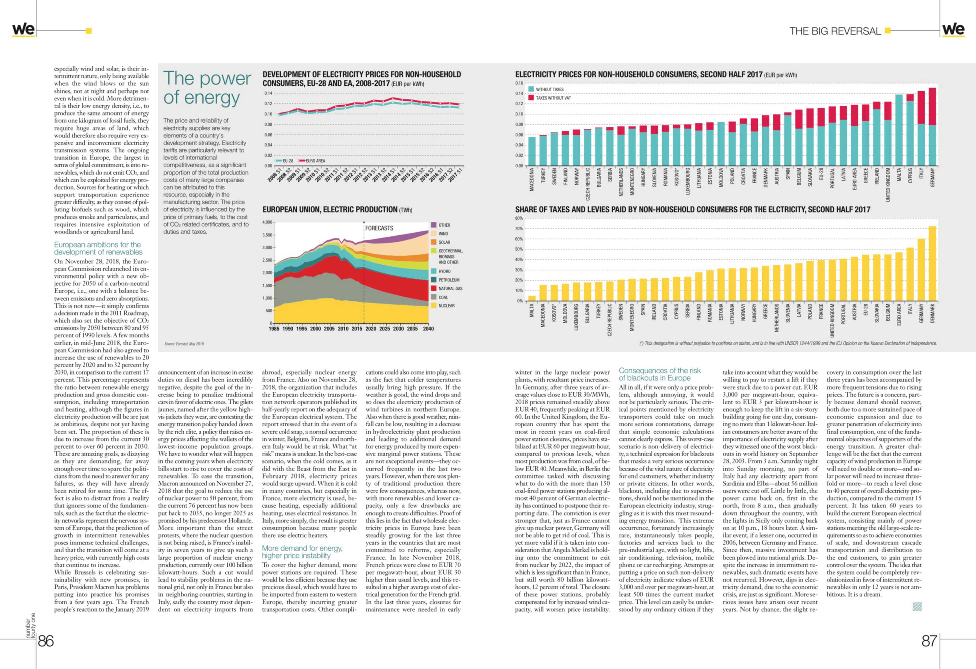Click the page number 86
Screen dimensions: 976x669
tap(46, 641)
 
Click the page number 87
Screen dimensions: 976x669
tap(929, 641)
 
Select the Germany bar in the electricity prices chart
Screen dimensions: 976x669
tap(932, 127)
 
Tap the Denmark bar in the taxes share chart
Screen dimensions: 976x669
tap(932, 263)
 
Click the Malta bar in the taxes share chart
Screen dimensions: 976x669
tap(532, 298)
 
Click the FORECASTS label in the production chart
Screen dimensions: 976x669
tap(379, 228)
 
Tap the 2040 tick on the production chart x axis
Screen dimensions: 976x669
tap(428, 329)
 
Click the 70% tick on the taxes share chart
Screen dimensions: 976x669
tap(519, 229)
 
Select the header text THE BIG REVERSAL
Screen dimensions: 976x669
tap(835, 31)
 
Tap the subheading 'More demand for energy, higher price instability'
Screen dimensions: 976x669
tap(302, 552)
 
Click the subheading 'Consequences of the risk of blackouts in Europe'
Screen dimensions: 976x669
tap(660, 374)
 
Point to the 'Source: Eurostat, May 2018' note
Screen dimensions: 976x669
tap(184, 344)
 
